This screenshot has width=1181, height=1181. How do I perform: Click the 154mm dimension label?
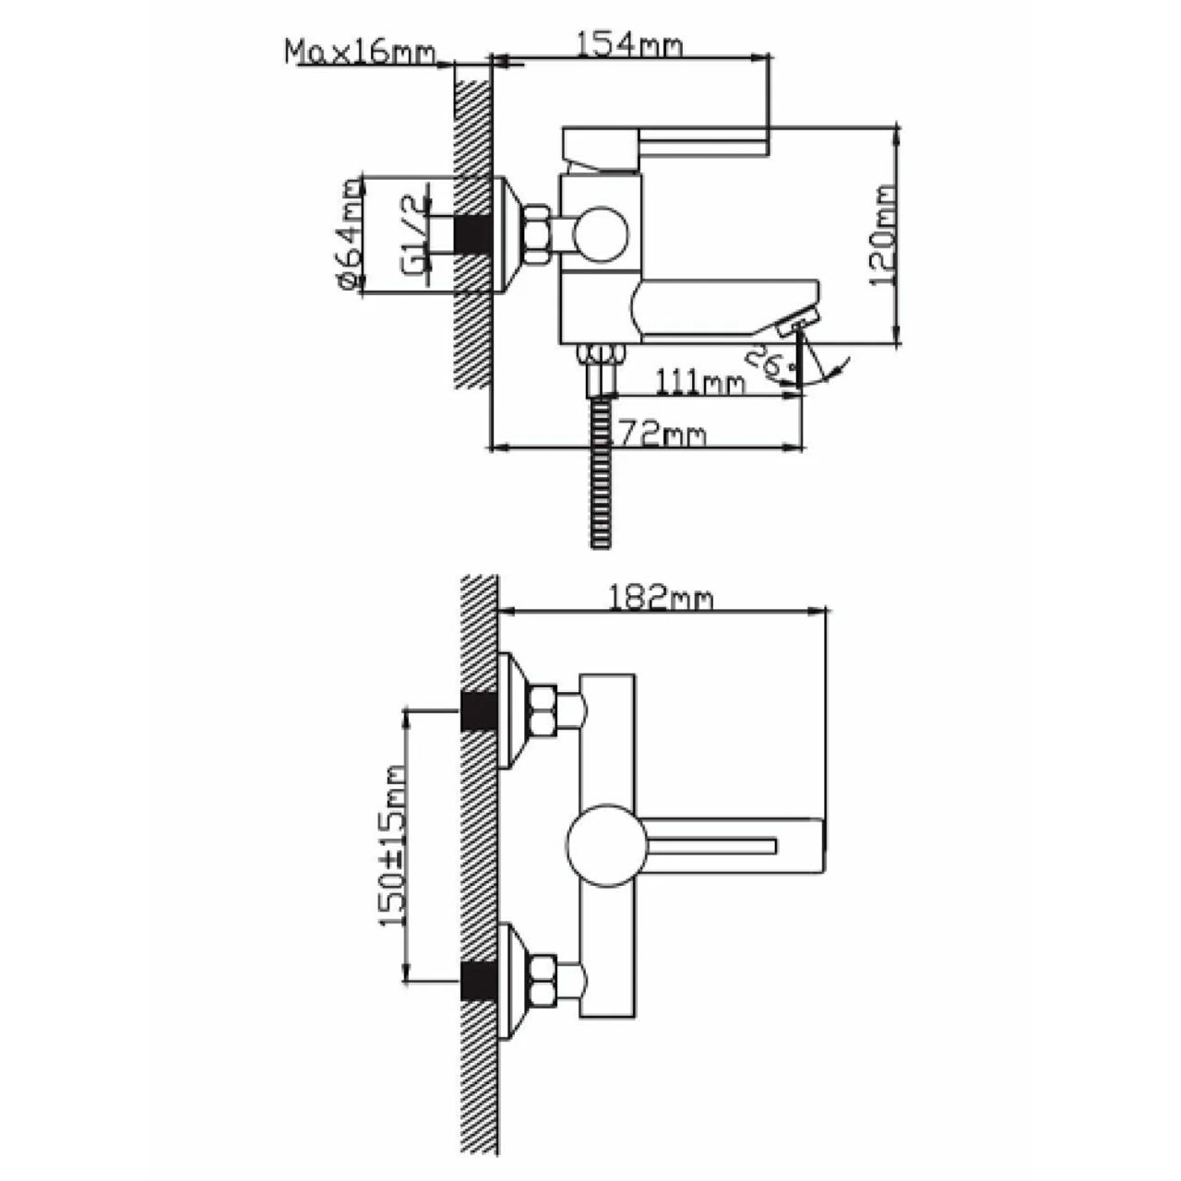pyautogui.click(x=628, y=46)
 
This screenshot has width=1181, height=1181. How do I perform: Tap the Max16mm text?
pyautogui.click(x=361, y=53)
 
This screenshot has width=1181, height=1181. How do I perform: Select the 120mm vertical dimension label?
pyautogui.click(x=883, y=234)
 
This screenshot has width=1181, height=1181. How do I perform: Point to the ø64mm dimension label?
pyautogui.click(x=349, y=233)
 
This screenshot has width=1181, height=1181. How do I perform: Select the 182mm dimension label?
pyautogui.click(x=661, y=599)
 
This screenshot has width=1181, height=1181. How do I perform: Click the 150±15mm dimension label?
pyautogui.click(x=393, y=846)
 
